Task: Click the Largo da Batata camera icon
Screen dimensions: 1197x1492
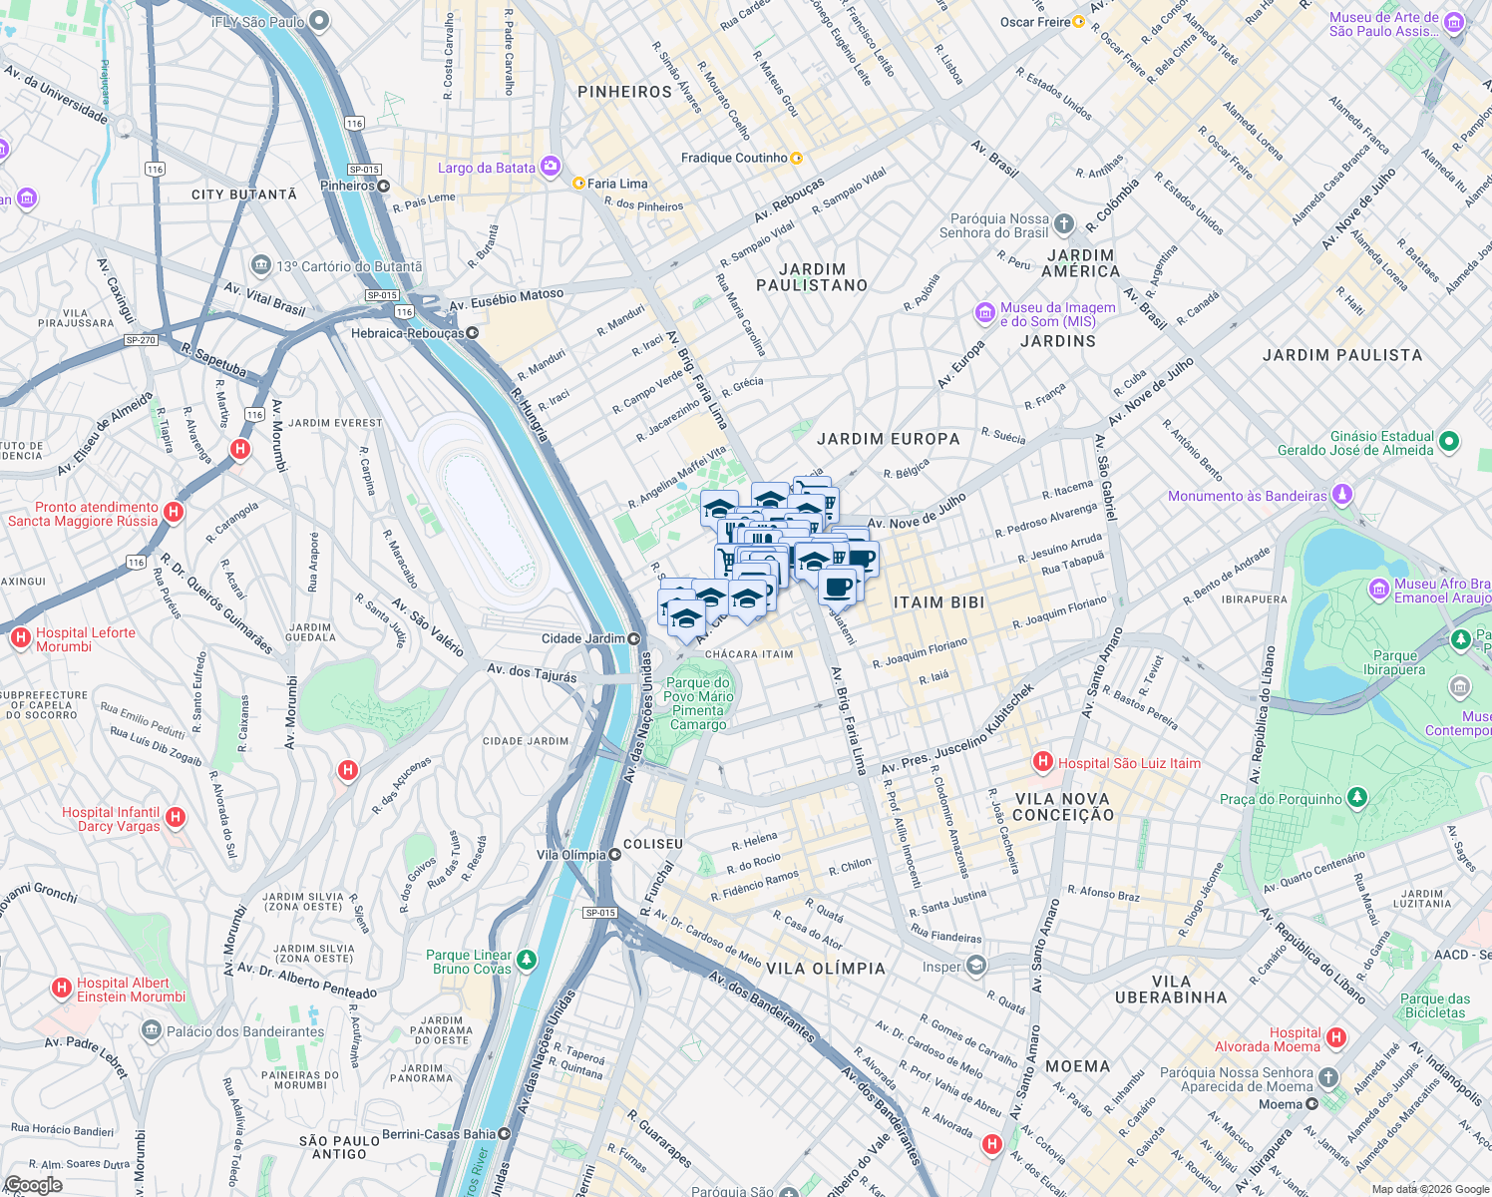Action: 550,166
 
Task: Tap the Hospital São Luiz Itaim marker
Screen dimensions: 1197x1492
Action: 1043,763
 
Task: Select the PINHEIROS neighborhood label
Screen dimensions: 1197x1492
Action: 624,92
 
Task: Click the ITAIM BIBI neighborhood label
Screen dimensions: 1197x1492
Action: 938,602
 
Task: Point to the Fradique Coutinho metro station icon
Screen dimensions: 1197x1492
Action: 796,158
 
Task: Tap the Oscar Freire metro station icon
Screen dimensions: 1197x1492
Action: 1078,22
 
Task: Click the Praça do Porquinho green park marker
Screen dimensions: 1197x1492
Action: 1356,798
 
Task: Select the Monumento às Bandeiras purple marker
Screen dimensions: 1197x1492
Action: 1342,495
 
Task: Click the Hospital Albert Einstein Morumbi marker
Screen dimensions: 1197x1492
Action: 62,989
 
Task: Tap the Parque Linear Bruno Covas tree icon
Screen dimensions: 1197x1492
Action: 526,961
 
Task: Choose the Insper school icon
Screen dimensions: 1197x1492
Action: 975,966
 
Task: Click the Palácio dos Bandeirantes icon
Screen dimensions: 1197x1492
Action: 151,1030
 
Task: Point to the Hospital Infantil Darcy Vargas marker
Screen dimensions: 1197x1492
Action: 176,818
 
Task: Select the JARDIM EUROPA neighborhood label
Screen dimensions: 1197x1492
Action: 888,439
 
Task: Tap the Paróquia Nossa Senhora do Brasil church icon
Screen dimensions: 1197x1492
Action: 1064,224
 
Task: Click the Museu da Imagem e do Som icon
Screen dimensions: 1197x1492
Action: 985,313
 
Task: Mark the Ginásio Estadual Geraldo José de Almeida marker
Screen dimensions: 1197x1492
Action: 1450,441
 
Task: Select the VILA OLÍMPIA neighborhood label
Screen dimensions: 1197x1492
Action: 825,969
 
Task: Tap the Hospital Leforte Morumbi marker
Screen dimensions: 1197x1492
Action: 20,638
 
